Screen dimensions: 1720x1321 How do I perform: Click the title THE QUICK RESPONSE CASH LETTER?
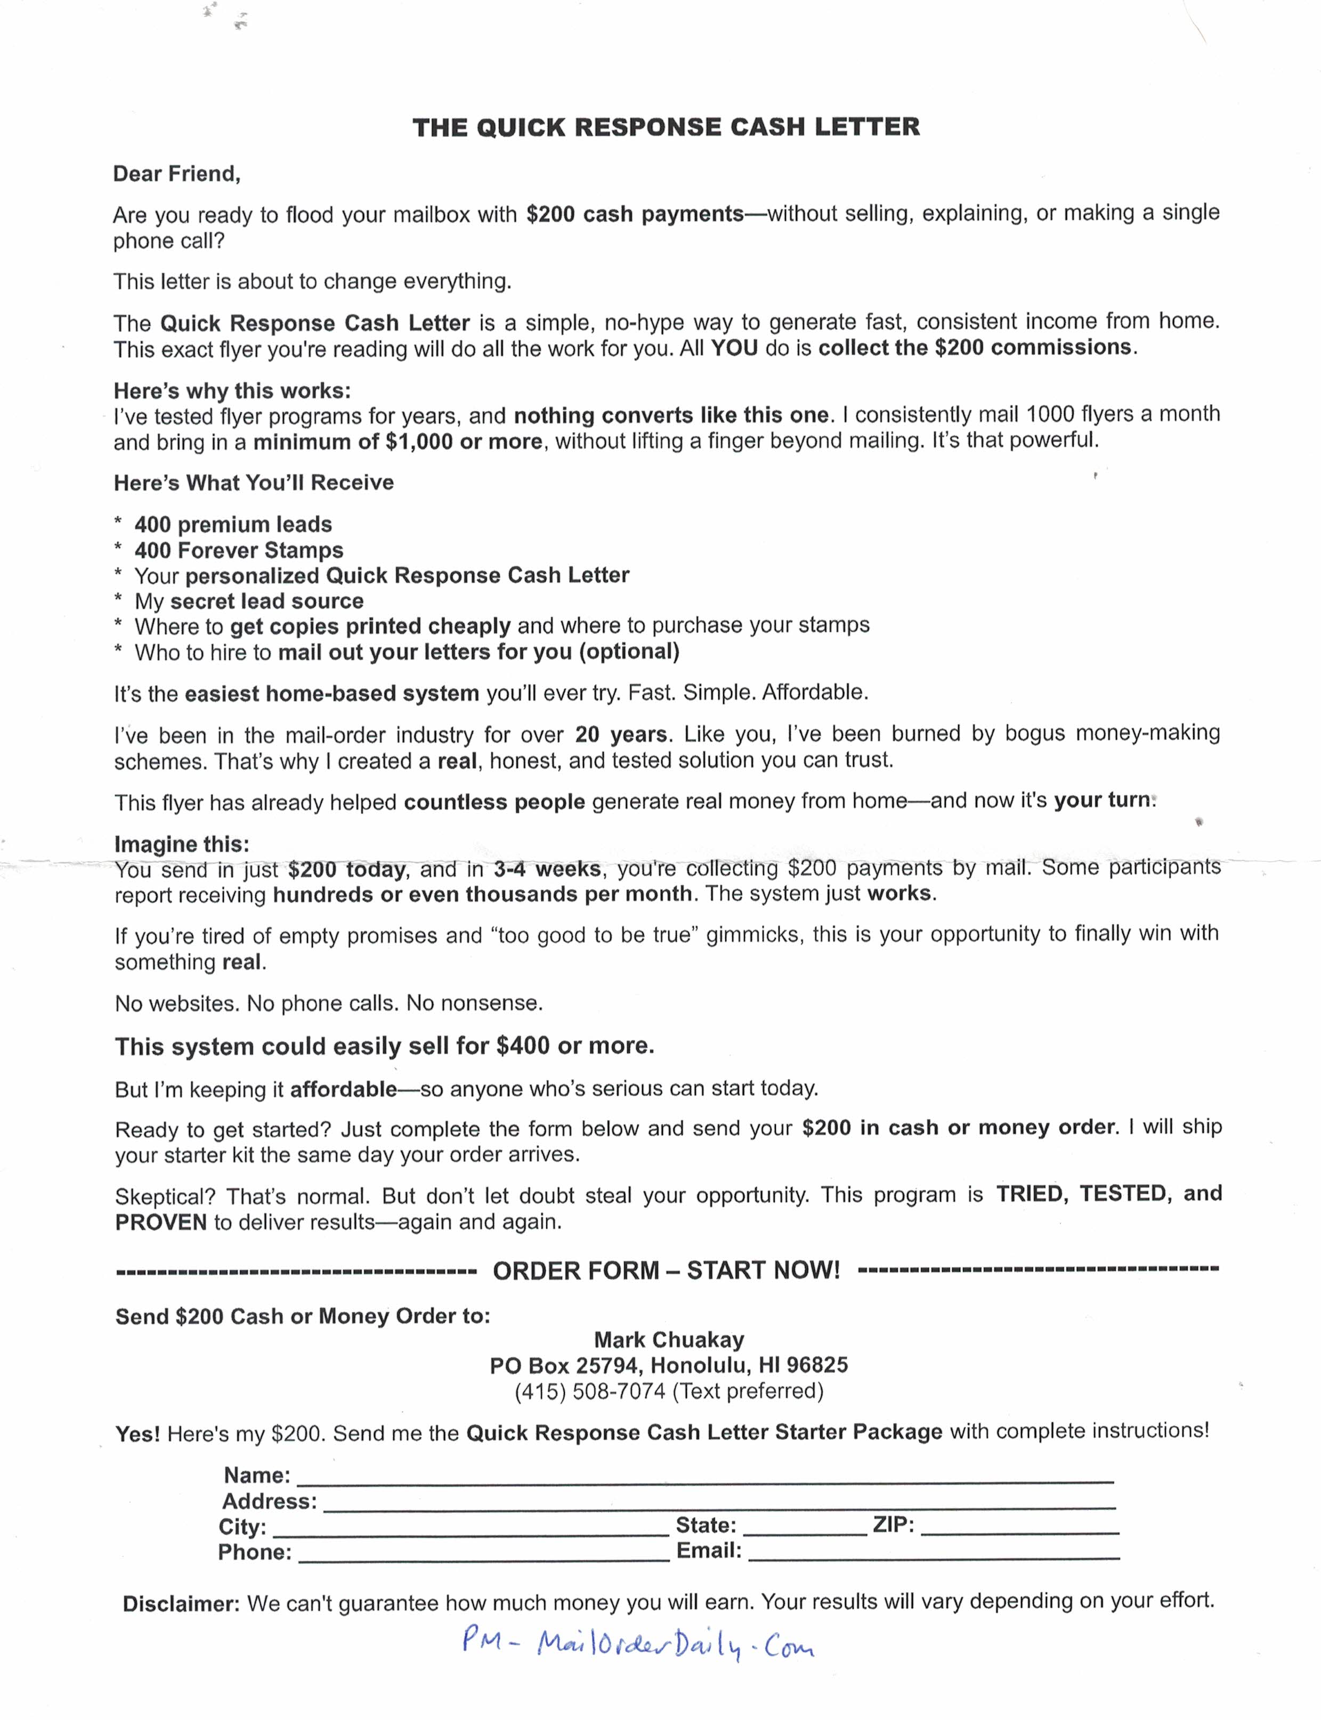pos(666,127)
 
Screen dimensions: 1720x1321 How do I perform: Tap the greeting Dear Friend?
pos(177,174)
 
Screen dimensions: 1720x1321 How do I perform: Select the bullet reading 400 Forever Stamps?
pos(238,550)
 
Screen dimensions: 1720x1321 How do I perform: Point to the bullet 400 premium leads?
pos(233,524)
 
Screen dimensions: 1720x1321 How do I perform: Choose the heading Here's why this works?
pos(232,390)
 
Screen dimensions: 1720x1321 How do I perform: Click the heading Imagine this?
pos(182,844)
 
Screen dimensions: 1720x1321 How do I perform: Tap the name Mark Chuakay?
pos(668,1340)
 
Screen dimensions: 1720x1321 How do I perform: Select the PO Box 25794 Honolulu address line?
pos(668,1365)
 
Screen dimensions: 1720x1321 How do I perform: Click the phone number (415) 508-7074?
pos(590,1391)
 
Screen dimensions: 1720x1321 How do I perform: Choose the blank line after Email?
pos(934,1554)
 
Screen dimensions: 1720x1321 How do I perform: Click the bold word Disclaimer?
pos(181,1604)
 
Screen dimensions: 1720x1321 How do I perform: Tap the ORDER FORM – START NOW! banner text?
pos(666,1270)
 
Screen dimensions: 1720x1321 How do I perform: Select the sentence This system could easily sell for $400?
pos(385,1046)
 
